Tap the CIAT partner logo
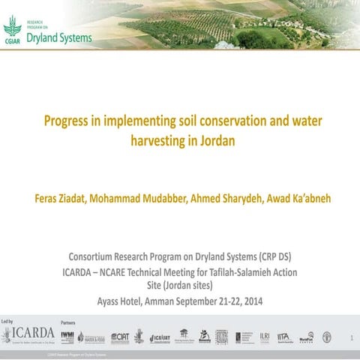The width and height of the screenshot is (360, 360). [120, 338]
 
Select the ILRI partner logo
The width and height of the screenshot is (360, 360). [265, 337]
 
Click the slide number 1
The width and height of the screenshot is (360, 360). [351, 338]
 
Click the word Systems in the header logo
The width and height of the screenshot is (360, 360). [77, 37]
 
